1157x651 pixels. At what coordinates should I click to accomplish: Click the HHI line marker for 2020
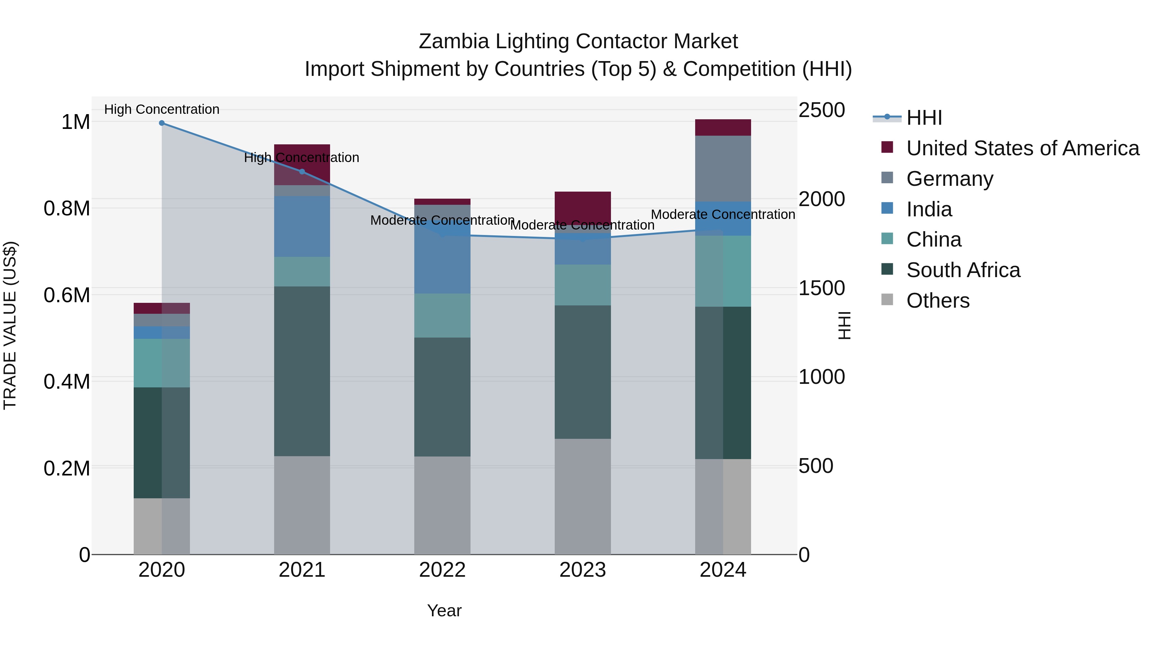pyautogui.click(x=162, y=123)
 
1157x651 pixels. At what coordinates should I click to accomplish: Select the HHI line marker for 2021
pyautogui.click(x=302, y=171)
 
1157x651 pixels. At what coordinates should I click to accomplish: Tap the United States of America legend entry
pyautogui.click(x=1022, y=148)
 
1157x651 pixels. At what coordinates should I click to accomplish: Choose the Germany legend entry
pyautogui.click(x=949, y=178)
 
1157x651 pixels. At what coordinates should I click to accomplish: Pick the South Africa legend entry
pyautogui.click(x=963, y=270)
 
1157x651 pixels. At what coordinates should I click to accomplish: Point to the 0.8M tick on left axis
pyautogui.click(x=67, y=208)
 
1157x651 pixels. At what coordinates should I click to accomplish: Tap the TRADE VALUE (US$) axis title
pyautogui.click(x=10, y=325)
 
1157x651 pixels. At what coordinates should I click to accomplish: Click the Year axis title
pyautogui.click(x=444, y=610)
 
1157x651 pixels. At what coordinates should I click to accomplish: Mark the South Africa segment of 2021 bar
pyautogui.click(x=302, y=371)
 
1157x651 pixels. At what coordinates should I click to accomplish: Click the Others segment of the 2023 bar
pyautogui.click(x=583, y=496)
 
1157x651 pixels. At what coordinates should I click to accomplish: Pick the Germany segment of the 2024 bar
pyautogui.click(x=723, y=168)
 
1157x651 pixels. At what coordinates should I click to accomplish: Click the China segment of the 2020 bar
pyautogui.click(x=162, y=363)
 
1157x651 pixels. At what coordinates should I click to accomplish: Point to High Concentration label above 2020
pyautogui.click(x=162, y=109)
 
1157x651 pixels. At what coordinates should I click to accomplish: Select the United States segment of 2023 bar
pyautogui.click(x=583, y=208)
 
